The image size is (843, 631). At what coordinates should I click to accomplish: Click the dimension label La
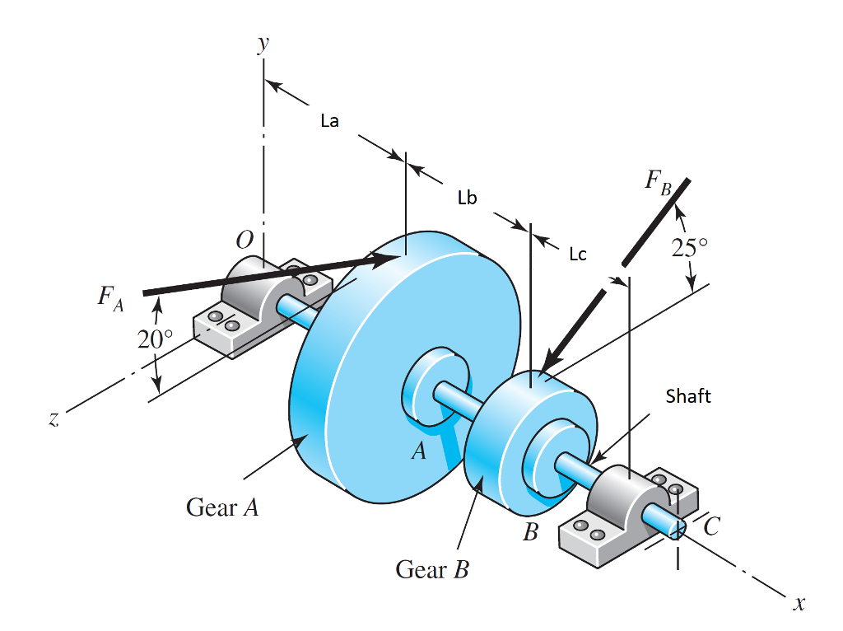329,122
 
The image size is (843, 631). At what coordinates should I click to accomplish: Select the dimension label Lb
467,198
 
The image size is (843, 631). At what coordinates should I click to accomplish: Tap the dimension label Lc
578,255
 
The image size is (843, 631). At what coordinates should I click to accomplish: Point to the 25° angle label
689,247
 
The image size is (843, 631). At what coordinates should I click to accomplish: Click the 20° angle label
156,339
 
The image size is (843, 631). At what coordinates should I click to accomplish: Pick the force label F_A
110,297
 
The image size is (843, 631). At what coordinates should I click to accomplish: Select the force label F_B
660,183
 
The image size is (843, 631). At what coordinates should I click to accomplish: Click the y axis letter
263,43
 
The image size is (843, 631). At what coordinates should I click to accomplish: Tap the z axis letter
54,419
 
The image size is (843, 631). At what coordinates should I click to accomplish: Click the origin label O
245,241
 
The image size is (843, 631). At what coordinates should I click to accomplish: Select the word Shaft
688,396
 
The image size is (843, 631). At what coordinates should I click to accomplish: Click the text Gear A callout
222,507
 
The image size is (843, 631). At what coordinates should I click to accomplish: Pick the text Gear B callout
431,569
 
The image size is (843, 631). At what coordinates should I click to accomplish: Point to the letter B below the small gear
531,533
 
